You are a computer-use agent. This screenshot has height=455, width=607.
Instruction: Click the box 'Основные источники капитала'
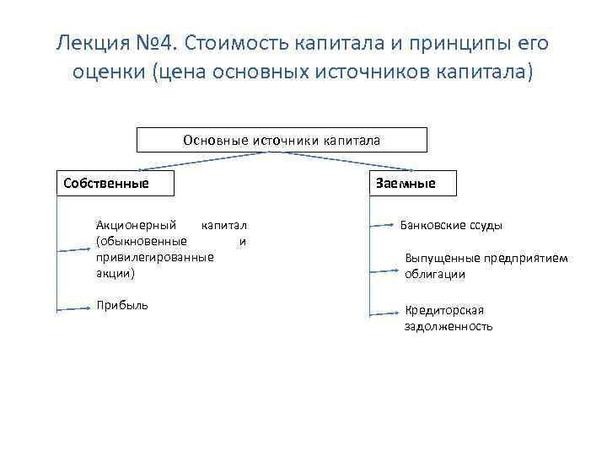point(282,140)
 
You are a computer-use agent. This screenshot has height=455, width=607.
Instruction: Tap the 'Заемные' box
point(412,183)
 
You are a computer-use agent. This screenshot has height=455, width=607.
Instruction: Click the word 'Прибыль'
point(122,304)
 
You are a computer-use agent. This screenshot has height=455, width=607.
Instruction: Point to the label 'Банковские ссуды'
point(451,226)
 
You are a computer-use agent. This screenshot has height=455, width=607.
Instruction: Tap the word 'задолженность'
point(449,326)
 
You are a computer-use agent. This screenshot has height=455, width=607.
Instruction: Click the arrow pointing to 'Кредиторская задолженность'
point(385,313)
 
